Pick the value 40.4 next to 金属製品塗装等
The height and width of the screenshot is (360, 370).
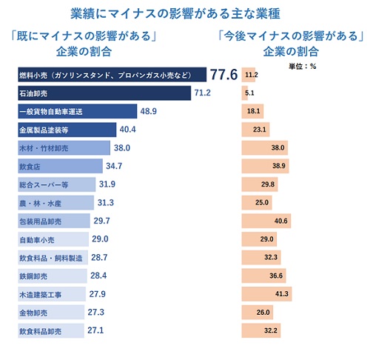tap(129, 130)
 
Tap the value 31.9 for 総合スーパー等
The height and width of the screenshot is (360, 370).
tap(109, 184)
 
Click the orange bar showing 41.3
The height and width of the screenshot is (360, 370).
tap(266, 293)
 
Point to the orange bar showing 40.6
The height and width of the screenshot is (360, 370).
tap(266, 221)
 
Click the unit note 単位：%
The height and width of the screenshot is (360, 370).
tap(302, 65)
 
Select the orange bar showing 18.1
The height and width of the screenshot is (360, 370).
tap(252, 111)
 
